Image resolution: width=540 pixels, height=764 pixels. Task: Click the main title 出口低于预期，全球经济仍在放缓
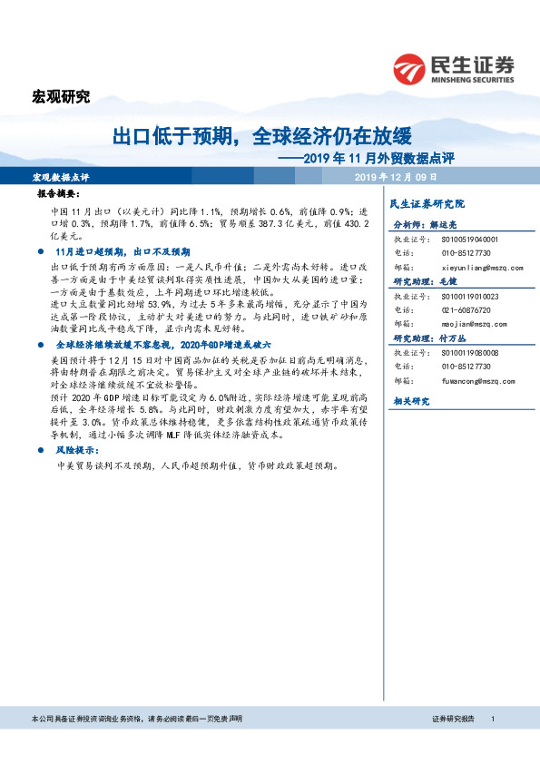261,137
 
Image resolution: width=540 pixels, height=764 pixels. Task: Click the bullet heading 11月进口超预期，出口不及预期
123,251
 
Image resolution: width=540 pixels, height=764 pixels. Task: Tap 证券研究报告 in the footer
454,718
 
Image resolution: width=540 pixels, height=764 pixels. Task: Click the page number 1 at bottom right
492,718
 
